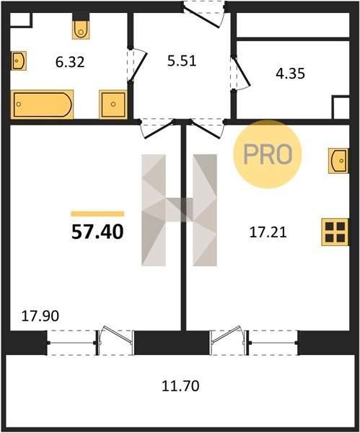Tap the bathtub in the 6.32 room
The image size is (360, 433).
pyautogui.click(x=42, y=105)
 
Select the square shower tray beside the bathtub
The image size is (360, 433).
pyautogui.click(x=113, y=105)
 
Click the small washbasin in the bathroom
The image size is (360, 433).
pyautogui.click(x=19, y=61)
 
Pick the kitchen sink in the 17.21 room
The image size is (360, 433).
pyautogui.click(x=338, y=161)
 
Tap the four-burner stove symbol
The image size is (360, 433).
pyautogui.click(x=335, y=232)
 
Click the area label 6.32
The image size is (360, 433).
pyautogui.click(x=70, y=62)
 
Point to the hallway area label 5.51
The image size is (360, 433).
pyautogui.click(x=182, y=61)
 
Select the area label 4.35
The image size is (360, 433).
pyautogui.click(x=291, y=74)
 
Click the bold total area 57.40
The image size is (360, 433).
pyautogui.click(x=97, y=232)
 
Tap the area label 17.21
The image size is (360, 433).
pyautogui.click(x=268, y=232)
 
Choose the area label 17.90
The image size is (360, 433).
pyautogui.click(x=40, y=316)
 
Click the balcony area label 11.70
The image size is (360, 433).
pyautogui.click(x=180, y=386)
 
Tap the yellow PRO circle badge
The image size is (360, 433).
pyautogui.click(x=268, y=154)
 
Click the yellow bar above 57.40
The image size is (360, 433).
pyautogui.click(x=97, y=214)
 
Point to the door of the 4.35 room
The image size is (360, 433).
pyautogui.click(x=240, y=73)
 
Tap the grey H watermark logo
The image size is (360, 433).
pyautogui.click(x=179, y=210)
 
